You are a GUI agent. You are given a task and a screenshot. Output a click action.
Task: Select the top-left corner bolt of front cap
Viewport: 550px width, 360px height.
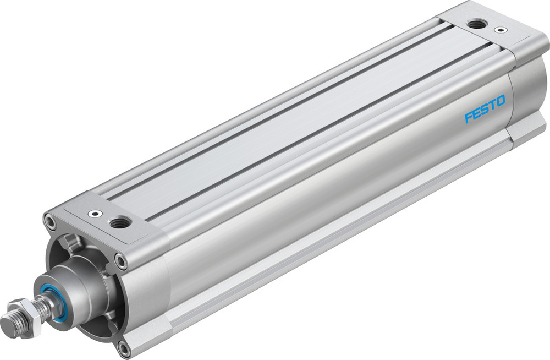coord(51,223)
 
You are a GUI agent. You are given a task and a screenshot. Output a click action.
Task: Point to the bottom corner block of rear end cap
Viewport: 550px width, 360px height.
coord(525,129)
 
